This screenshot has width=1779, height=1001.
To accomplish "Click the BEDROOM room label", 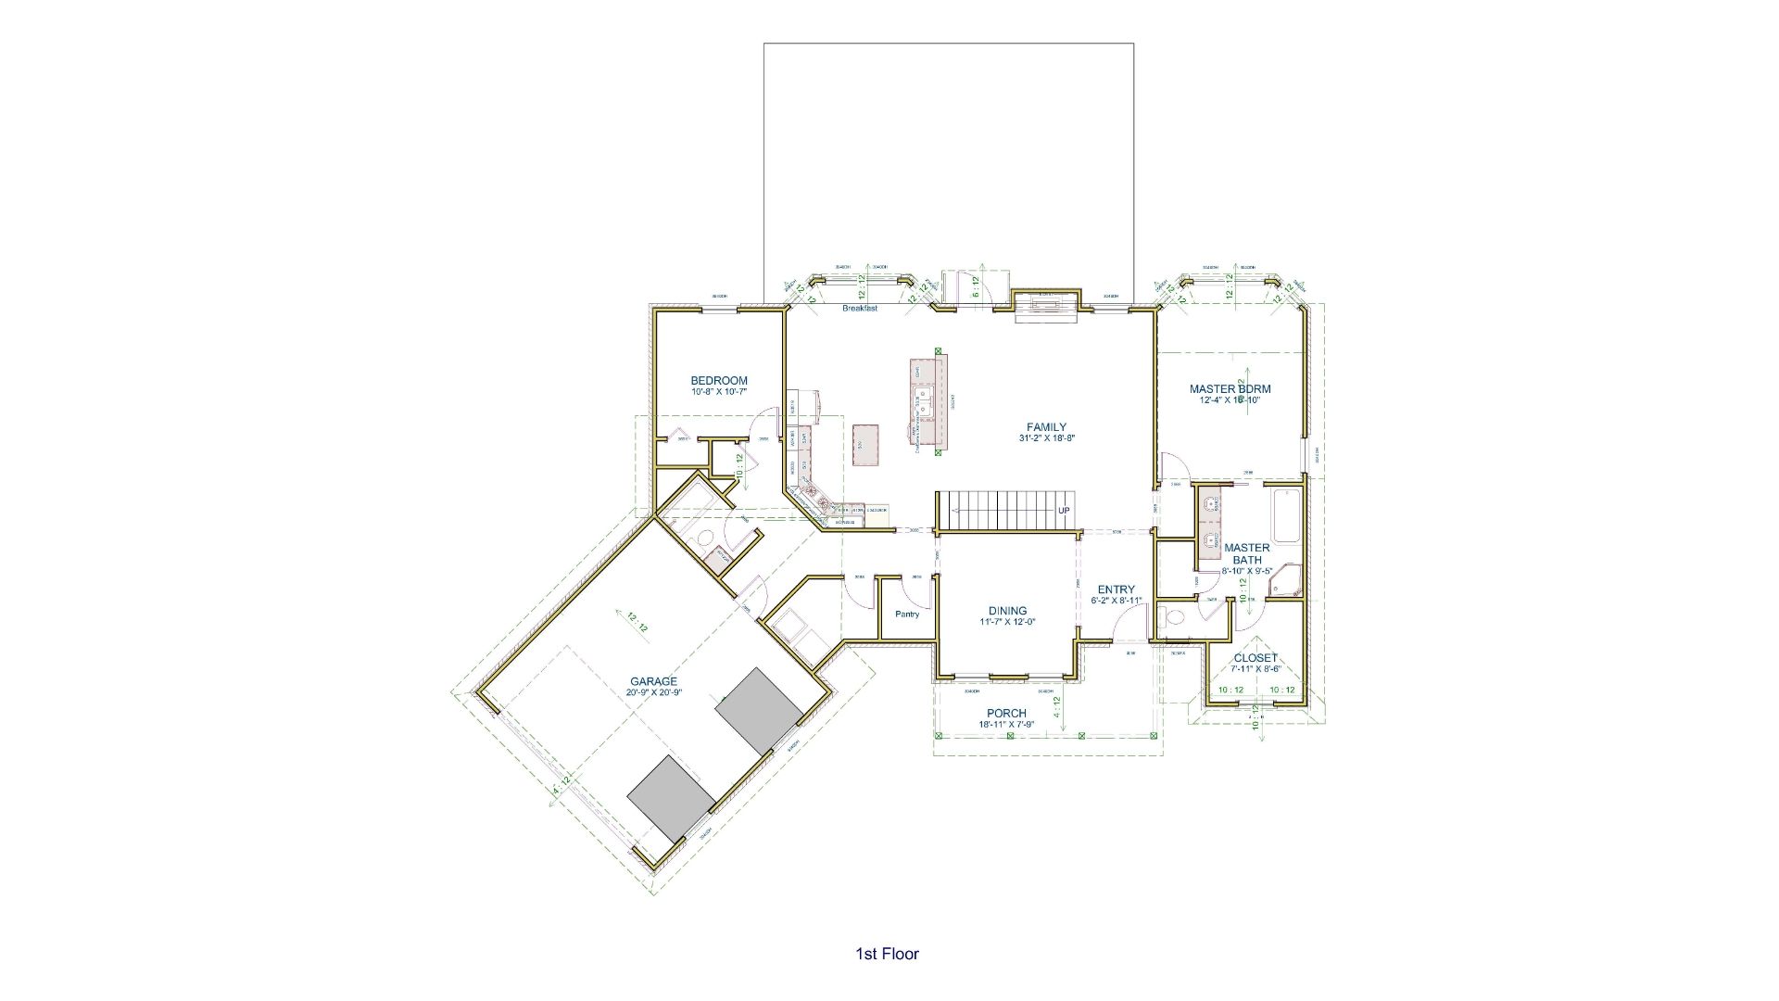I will click(719, 380).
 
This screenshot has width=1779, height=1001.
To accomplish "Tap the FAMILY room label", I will click(1046, 427).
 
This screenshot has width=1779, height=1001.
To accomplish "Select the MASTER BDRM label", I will click(1230, 389).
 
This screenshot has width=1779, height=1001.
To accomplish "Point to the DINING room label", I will click(1007, 611).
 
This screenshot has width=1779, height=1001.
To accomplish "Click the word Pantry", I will click(907, 615).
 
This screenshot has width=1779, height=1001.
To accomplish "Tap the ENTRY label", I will click(1116, 589).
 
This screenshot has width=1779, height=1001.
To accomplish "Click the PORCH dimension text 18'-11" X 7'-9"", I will click(1005, 725).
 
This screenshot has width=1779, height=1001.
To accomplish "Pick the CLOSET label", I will click(1255, 658).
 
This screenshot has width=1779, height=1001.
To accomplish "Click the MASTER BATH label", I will click(1246, 553).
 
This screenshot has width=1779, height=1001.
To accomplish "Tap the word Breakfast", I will click(859, 309).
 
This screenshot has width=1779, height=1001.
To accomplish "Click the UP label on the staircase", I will click(1064, 511).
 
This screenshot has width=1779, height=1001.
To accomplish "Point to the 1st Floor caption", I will click(887, 954).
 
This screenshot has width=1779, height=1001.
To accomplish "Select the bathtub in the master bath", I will click(1286, 516).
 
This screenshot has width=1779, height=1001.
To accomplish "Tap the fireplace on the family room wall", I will click(1047, 303).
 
